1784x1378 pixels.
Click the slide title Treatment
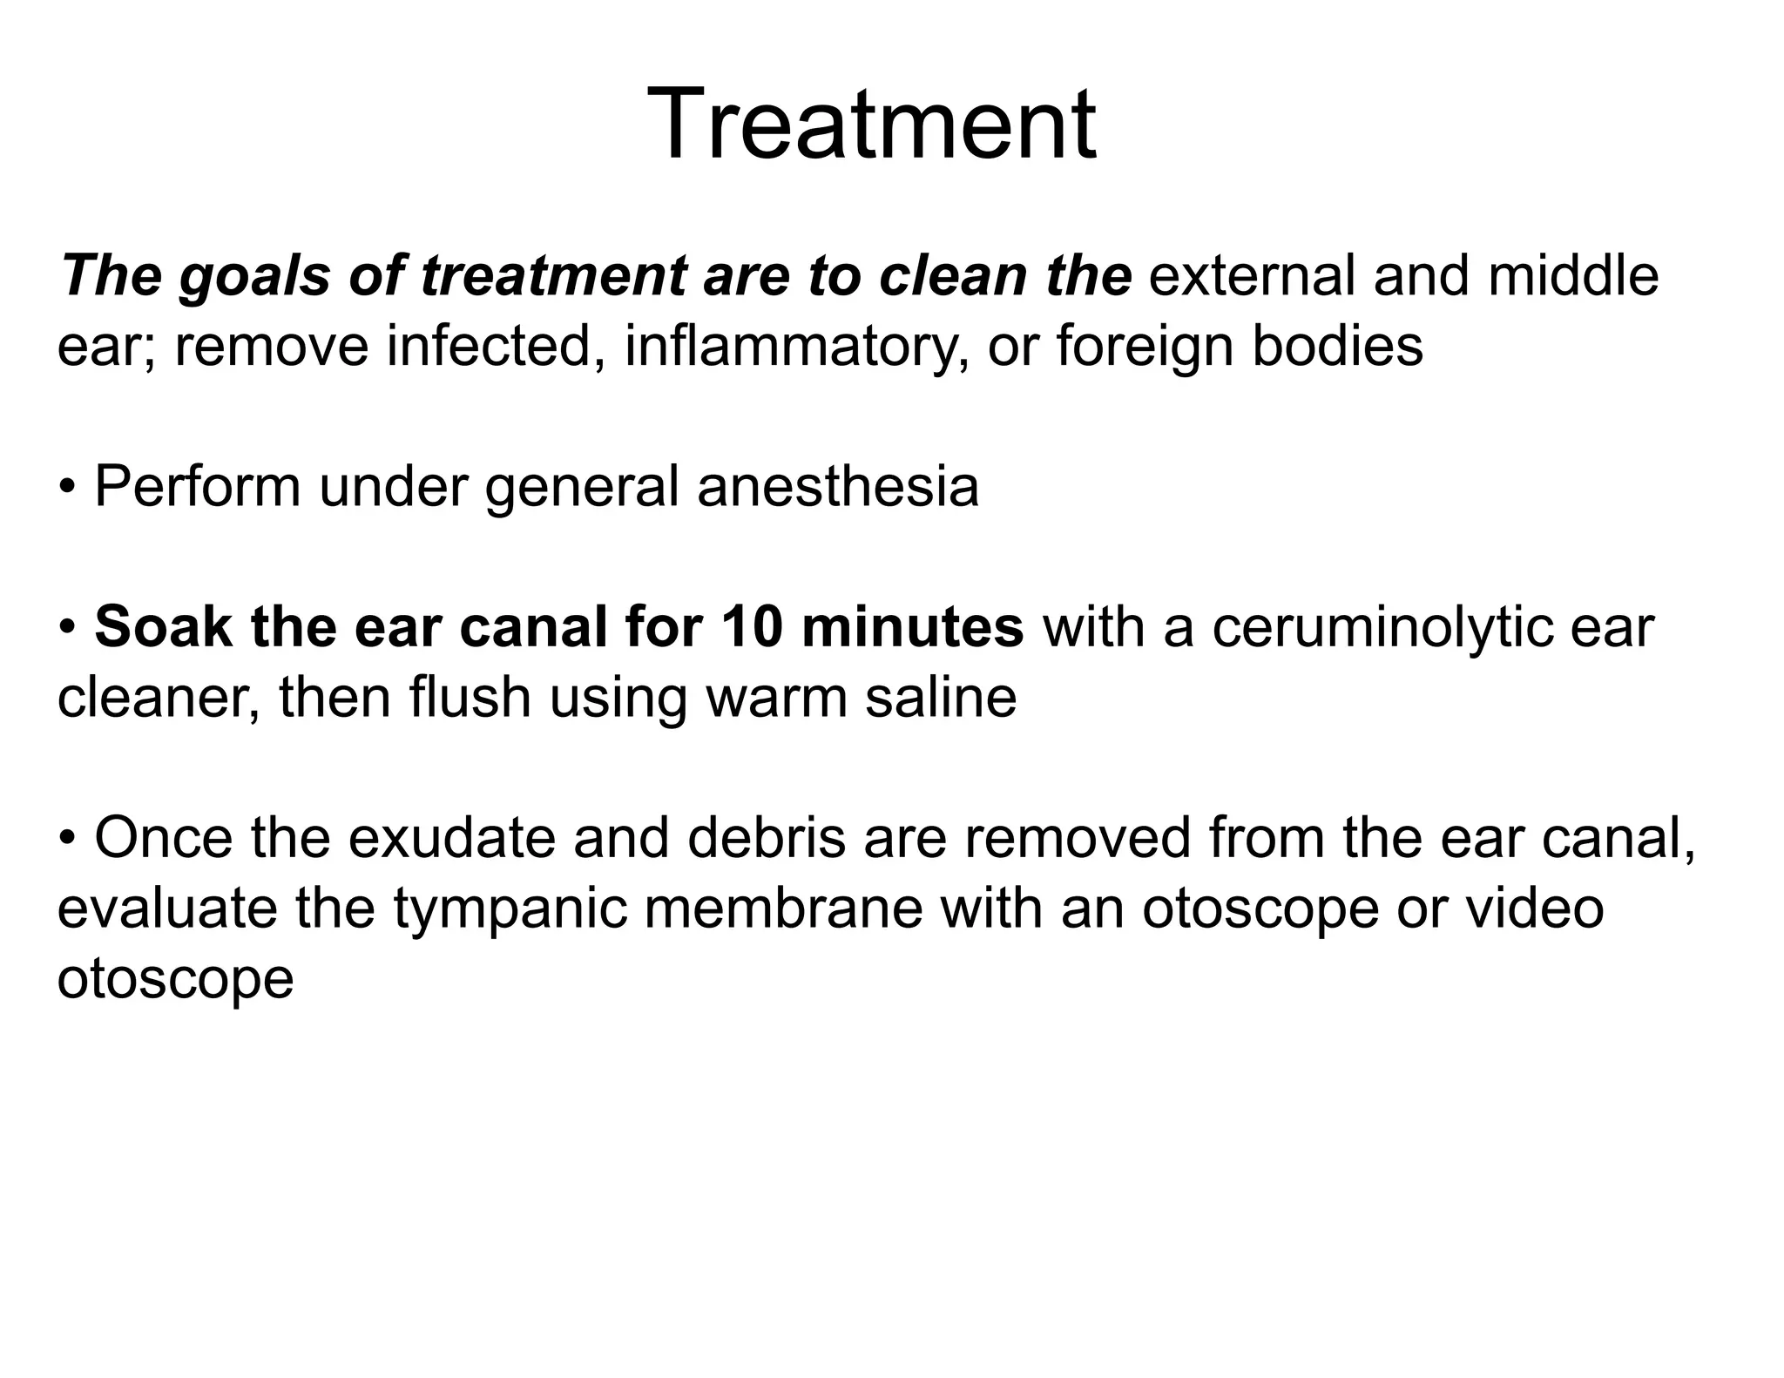point(871,124)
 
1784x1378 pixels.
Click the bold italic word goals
point(253,277)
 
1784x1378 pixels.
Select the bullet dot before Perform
point(68,488)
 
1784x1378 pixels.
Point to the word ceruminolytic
point(1382,629)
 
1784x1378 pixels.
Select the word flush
point(470,698)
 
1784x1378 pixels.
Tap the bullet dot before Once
point(68,840)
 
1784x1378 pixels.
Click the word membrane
point(783,909)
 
